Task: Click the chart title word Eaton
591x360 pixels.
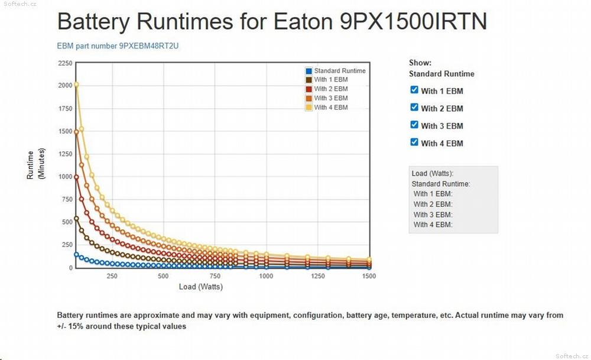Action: click(303, 21)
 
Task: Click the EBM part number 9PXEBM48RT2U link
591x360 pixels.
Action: click(118, 46)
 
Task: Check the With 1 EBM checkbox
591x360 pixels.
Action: click(414, 90)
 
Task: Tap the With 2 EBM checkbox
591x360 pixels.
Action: click(414, 107)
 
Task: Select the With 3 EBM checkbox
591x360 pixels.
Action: click(414, 124)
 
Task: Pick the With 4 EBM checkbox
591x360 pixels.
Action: click(414, 142)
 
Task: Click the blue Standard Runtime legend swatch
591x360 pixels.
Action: click(309, 71)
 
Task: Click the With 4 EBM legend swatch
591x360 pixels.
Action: click(309, 108)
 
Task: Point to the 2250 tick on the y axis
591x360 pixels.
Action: click(65, 63)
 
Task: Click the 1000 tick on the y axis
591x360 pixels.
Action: click(65, 176)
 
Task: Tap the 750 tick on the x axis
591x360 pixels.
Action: click(215, 276)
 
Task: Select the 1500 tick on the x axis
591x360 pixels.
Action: click(369, 276)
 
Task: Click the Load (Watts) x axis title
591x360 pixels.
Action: click(201, 287)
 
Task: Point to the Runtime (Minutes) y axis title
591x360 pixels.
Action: click(36, 164)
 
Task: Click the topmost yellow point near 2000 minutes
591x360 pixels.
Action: click(76, 85)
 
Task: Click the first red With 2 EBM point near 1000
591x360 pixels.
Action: click(76, 177)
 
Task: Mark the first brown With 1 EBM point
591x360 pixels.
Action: click(76, 218)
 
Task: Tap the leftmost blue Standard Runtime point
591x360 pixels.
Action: click(76, 254)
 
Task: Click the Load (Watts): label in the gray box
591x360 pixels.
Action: click(433, 173)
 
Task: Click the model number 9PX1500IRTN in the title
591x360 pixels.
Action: click(414, 21)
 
